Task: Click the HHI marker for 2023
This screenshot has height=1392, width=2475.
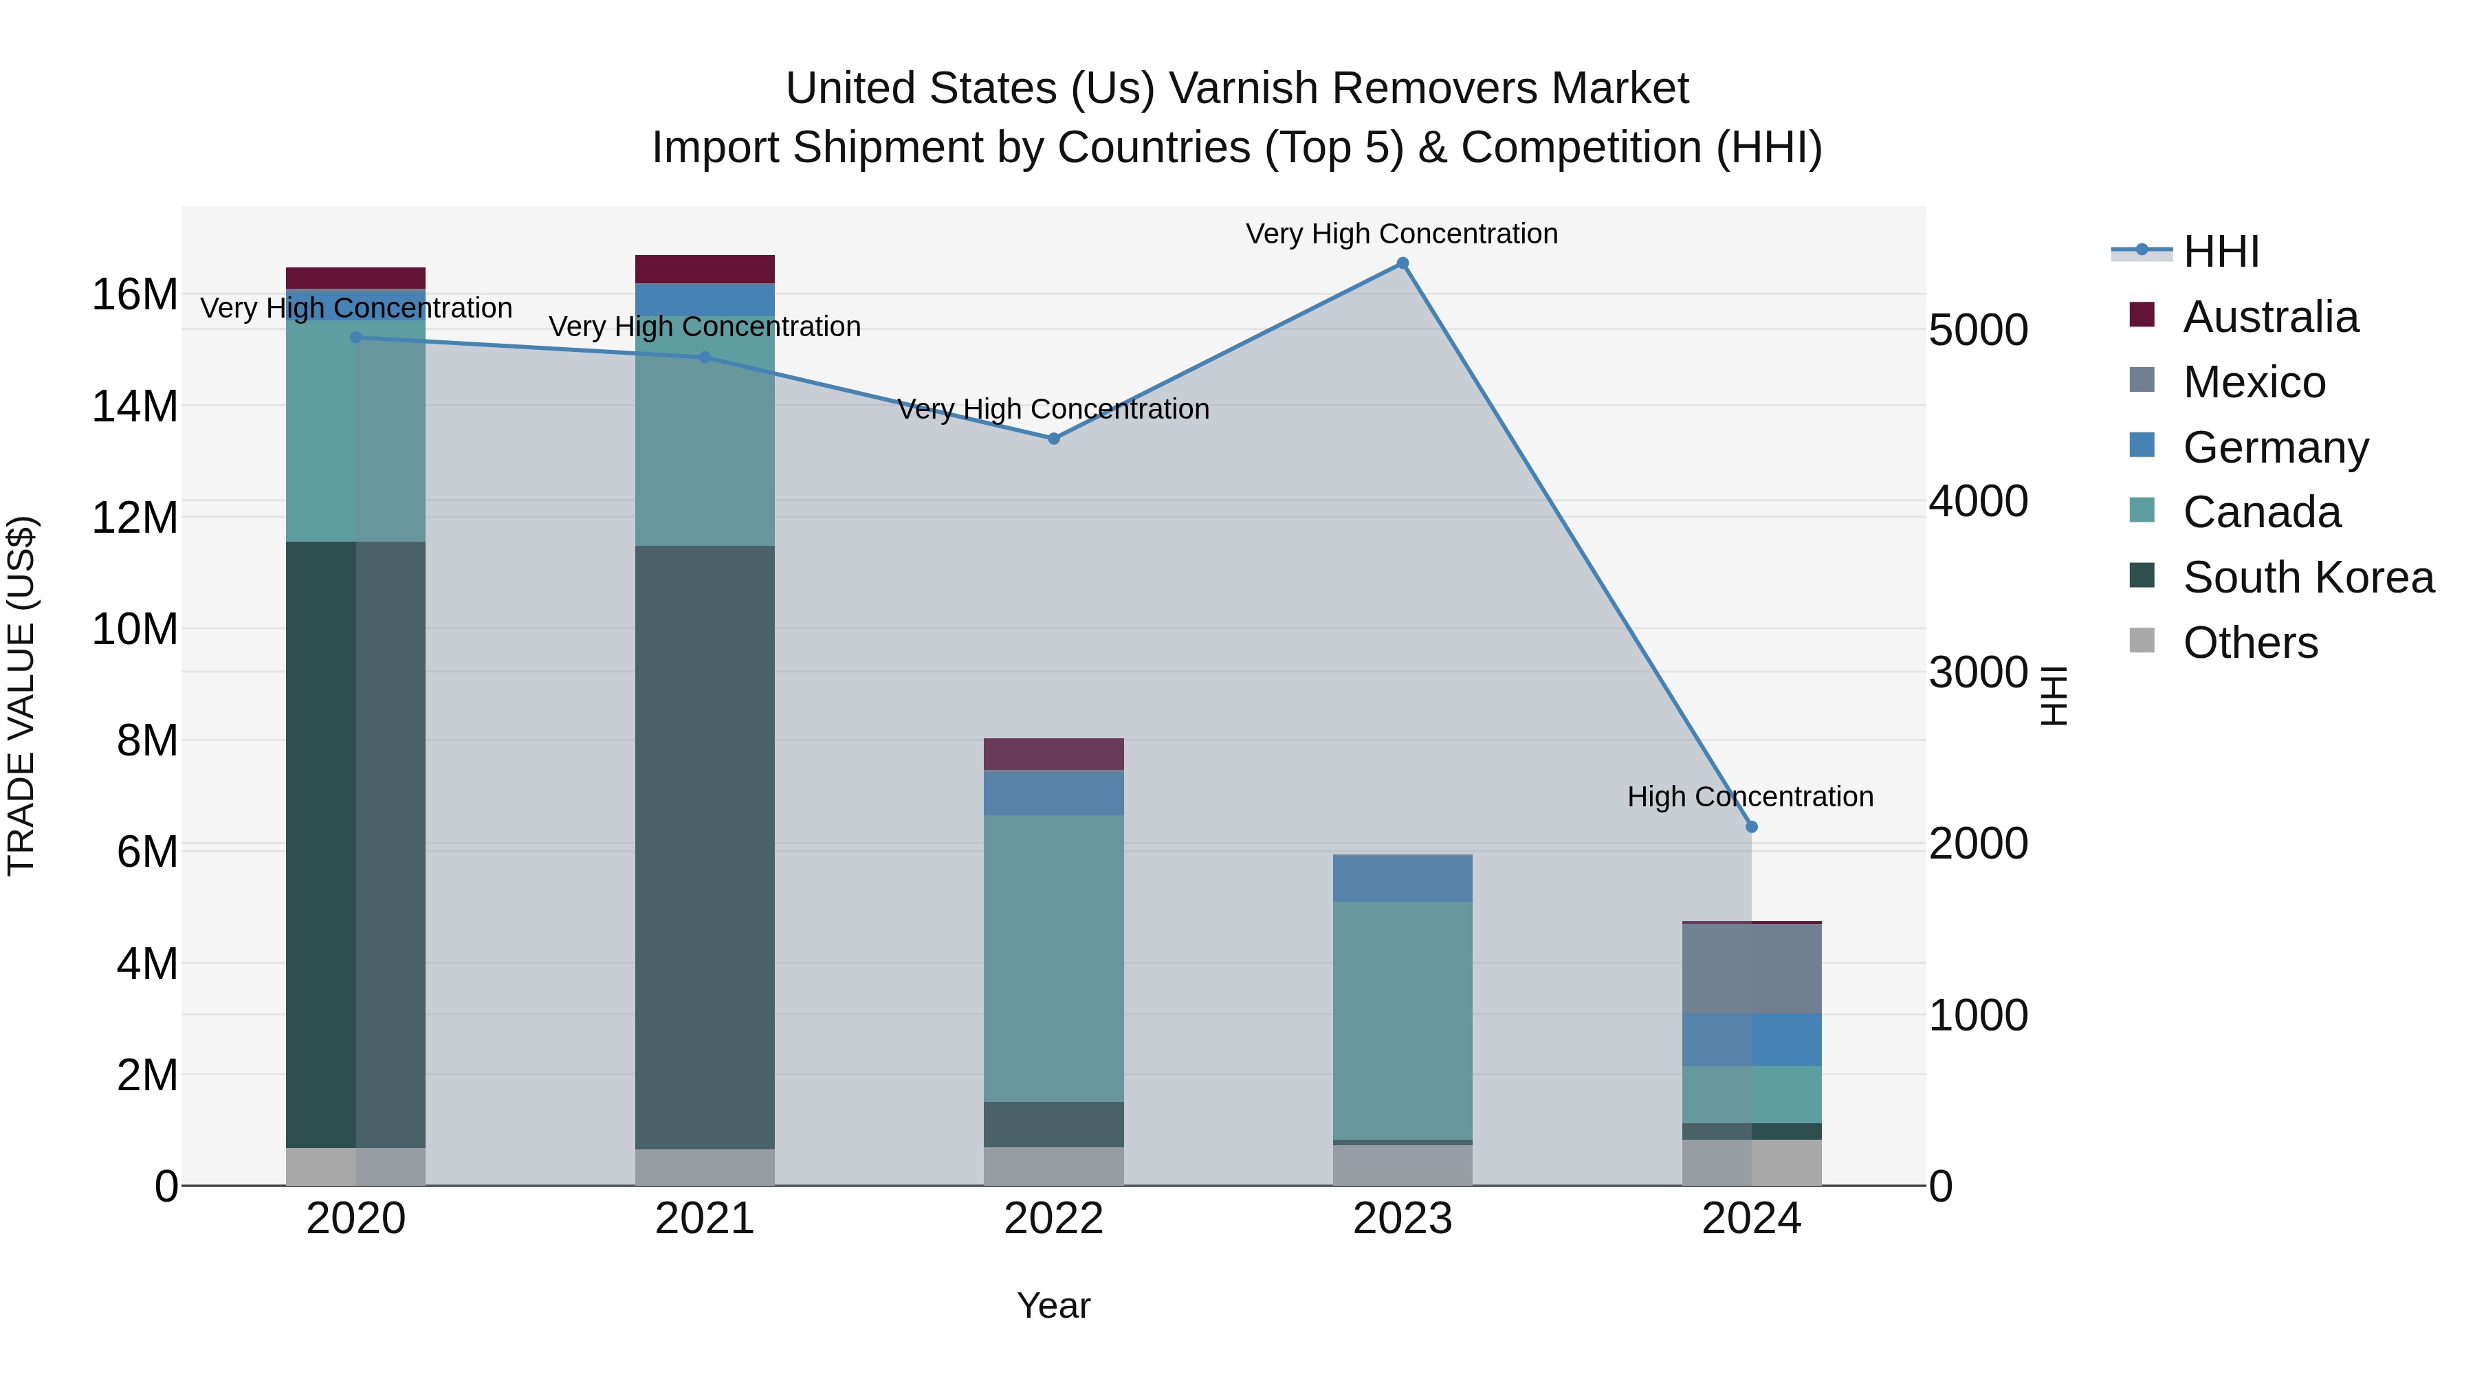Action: tap(1402, 263)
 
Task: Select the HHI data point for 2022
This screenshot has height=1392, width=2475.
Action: tap(1053, 439)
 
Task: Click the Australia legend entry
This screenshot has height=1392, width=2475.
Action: tap(2269, 317)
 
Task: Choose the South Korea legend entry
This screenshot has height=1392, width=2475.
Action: tap(2308, 577)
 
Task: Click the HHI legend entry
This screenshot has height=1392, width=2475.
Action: tap(2221, 252)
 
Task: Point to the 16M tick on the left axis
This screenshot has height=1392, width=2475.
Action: tap(135, 294)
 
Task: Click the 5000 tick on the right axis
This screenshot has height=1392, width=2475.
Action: tap(1977, 331)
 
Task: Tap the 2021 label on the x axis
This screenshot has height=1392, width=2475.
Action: tap(704, 1219)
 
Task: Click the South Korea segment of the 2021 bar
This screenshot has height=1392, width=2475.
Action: tap(704, 846)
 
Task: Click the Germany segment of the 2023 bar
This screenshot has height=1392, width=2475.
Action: tap(1402, 877)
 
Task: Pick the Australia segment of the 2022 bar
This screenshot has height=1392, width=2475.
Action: tap(1053, 754)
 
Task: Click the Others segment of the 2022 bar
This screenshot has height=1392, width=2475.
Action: tap(1053, 1167)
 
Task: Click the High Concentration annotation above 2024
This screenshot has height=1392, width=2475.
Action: tap(1750, 797)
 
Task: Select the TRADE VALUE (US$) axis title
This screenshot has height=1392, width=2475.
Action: tap(21, 696)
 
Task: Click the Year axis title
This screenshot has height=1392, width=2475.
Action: tap(1053, 1305)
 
